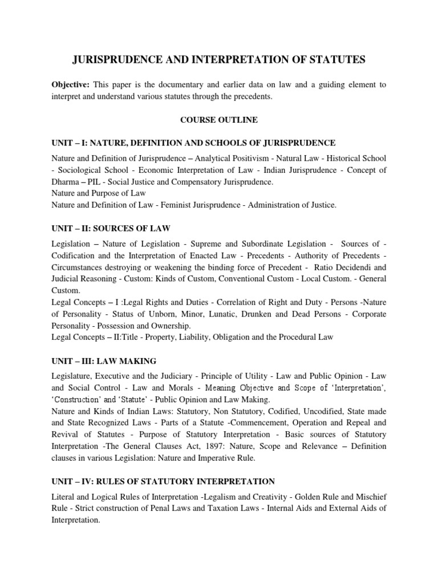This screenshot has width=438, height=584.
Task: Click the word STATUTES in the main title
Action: click(x=333, y=58)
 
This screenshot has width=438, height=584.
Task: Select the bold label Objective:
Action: click(x=71, y=84)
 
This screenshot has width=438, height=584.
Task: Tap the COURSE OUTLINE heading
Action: click(x=219, y=120)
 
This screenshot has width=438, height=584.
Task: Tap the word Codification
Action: click(x=79, y=254)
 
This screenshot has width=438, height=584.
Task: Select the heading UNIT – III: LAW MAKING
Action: click(x=103, y=362)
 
